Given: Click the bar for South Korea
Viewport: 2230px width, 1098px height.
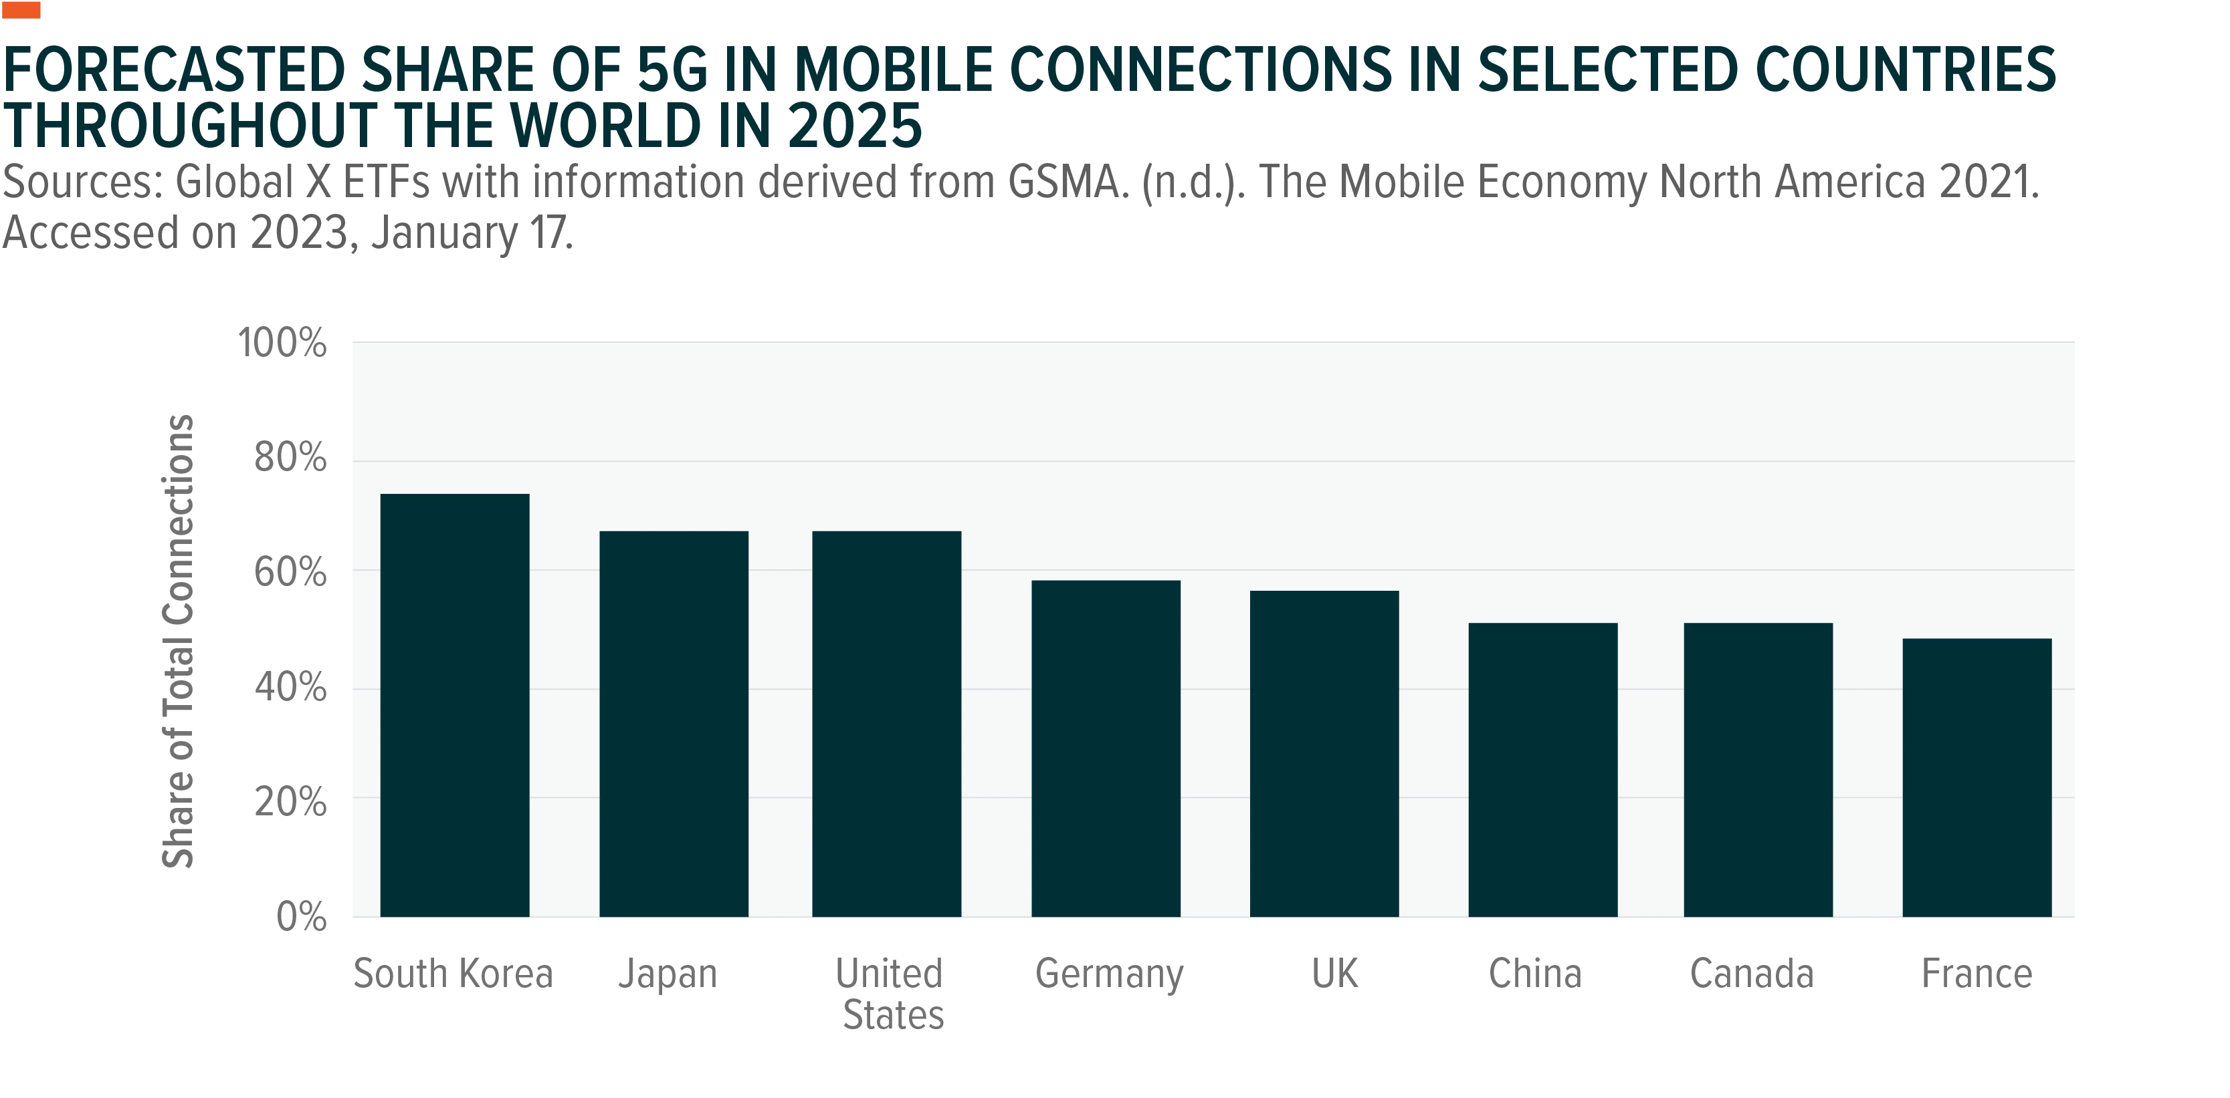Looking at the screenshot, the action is click(x=454, y=705).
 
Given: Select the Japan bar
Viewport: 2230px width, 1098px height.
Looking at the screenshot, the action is click(x=674, y=724).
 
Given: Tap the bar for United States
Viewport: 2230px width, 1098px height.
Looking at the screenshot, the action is click(x=886, y=724).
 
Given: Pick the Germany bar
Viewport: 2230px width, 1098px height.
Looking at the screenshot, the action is click(x=1106, y=748).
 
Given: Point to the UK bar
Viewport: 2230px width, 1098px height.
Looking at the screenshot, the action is click(x=1324, y=754).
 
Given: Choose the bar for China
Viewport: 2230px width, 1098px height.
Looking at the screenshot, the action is click(x=1542, y=770).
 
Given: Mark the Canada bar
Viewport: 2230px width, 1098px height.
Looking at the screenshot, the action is click(x=1758, y=770).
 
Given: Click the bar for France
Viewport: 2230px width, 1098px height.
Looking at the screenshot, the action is click(x=1977, y=778).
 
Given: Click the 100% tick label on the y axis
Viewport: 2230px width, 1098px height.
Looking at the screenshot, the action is click(x=282, y=343).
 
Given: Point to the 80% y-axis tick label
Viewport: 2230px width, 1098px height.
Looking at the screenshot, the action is click(x=290, y=457).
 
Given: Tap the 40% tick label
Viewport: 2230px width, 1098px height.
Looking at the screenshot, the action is click(x=290, y=687).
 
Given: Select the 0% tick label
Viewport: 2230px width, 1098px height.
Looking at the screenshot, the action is click(x=301, y=916).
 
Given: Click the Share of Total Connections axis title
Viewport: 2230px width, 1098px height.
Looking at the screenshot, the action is click(x=179, y=641).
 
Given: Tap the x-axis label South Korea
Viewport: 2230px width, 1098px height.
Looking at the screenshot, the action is click(x=453, y=974).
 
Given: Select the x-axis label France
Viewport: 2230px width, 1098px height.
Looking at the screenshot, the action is click(x=1977, y=974).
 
